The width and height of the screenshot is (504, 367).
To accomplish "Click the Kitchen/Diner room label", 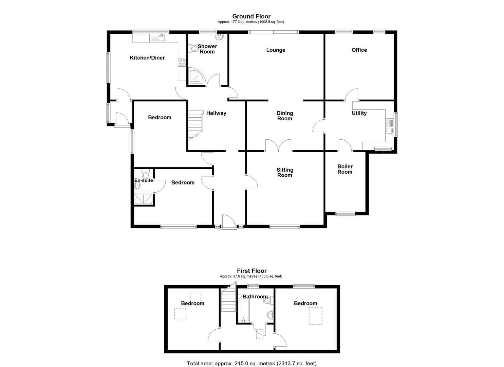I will pos(147,58).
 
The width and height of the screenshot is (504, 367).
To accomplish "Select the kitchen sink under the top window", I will pos(162,37).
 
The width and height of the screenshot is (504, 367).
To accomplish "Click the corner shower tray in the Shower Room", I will pos(197,76).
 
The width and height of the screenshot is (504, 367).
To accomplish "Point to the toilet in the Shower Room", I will pos(194,49).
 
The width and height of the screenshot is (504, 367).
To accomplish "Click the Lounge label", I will pos(276,50).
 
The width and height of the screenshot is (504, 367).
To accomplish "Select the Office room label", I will pos(359,50).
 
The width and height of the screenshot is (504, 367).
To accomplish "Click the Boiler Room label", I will pos(345,169).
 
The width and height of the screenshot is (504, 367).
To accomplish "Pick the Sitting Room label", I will pos(285,173).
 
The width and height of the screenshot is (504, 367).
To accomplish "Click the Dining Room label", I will pos(285,116).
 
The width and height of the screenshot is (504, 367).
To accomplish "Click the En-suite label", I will pos(144,180).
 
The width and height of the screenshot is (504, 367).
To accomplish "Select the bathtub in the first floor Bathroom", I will pos(244,309).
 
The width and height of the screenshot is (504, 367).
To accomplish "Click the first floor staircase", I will pos(229,300).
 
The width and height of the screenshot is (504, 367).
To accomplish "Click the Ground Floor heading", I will pos(251,16).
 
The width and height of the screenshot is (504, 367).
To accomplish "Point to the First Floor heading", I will pos(251,271).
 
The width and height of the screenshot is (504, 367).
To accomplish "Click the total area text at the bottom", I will pos(251,363).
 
